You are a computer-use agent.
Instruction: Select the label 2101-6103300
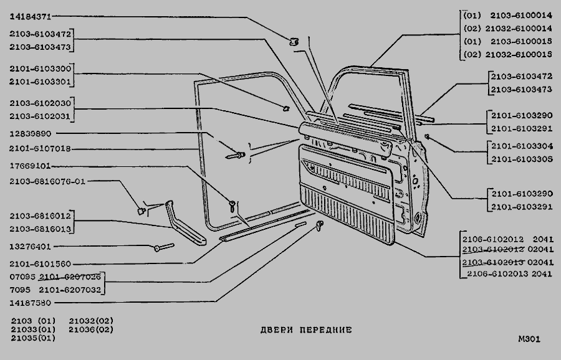click(x=41, y=69)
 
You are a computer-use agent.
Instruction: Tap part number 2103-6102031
click(x=41, y=115)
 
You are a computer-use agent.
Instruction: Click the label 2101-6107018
click(x=41, y=149)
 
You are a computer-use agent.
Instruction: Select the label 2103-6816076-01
click(x=47, y=181)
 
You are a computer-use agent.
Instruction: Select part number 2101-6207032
click(x=70, y=290)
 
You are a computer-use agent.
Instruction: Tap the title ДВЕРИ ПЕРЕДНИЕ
click(x=306, y=329)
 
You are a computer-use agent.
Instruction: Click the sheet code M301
click(x=529, y=339)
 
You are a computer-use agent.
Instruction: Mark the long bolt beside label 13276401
click(x=163, y=247)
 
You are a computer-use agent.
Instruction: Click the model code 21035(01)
click(x=33, y=338)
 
